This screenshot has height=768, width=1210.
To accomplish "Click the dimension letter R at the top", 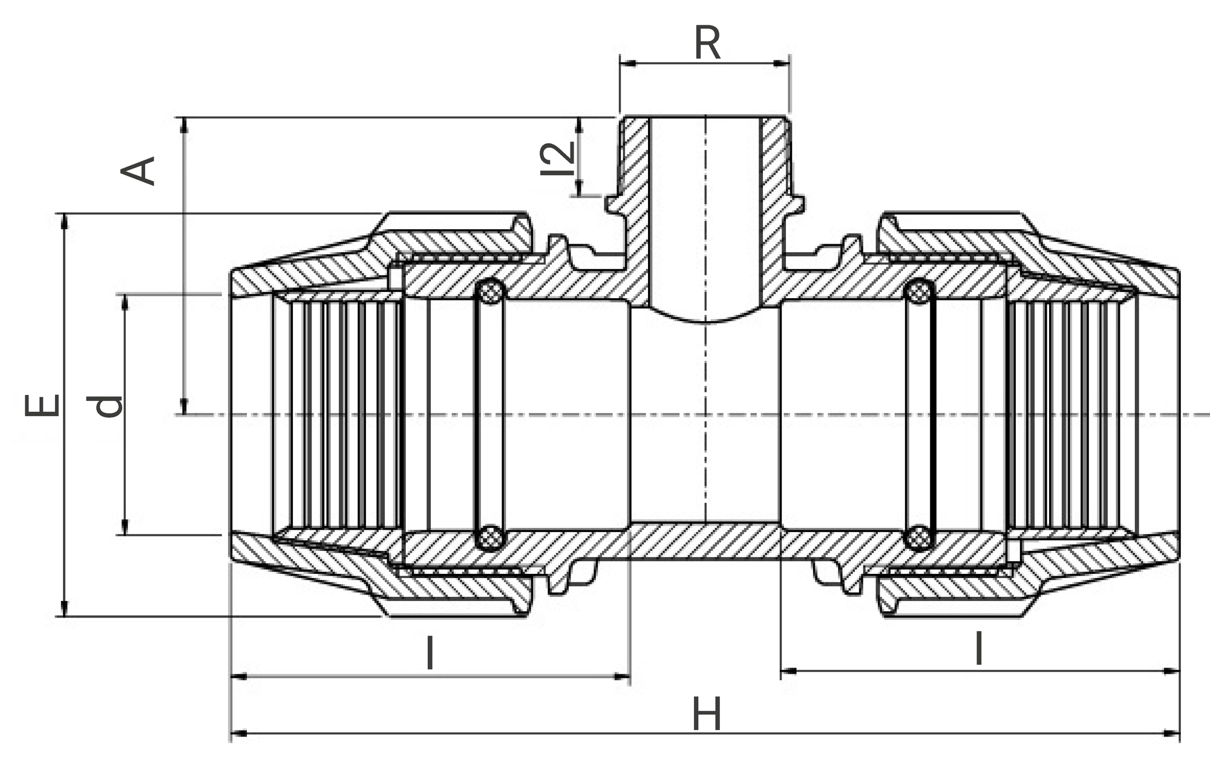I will [707, 44].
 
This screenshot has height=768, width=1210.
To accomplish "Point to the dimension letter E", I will [42, 405].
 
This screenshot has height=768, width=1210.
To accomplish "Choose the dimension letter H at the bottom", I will [707, 714].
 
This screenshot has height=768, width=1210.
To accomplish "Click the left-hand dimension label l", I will [430, 653].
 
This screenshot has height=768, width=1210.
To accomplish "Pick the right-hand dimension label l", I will [978, 649].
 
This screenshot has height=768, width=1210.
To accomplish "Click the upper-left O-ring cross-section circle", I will [491, 293].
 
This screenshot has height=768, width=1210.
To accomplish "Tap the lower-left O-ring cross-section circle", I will [491, 536].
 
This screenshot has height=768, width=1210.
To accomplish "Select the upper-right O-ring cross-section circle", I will [919, 293].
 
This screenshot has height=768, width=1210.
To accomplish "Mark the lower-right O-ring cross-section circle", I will [919, 536].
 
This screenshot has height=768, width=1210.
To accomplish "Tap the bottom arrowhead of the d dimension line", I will [125, 527].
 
